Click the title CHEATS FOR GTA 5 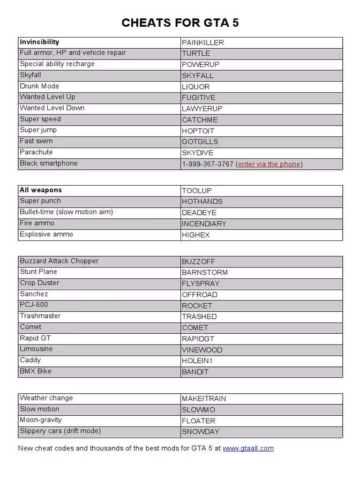point(180,23)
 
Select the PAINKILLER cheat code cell point(203,43)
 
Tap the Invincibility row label point(39,42)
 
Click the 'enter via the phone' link point(269,164)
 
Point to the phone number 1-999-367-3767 point(208,164)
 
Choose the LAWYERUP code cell point(202,109)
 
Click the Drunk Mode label point(39,86)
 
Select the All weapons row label point(41,190)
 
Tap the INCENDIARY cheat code point(204,224)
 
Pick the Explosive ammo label point(46,234)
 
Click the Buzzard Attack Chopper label point(59,261)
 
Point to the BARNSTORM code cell point(205,272)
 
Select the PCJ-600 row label point(34,305)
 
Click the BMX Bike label point(36,371)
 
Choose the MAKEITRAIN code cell point(204,399)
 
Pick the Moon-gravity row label point(41,420)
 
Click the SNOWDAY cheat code point(201,432)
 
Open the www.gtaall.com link point(248,449)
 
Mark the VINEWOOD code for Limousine point(202,350)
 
